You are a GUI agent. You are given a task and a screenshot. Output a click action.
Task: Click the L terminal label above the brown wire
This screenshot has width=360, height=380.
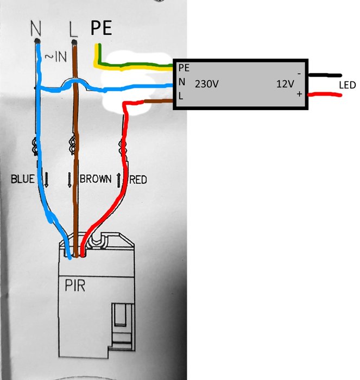74,28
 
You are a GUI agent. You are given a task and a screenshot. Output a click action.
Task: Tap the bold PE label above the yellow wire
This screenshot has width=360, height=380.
101,28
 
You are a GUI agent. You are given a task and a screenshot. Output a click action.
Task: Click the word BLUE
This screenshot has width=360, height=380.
23,179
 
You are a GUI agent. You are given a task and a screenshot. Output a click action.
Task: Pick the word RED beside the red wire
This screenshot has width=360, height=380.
138,179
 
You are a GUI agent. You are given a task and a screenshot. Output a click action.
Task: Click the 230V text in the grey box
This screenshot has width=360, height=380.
207,84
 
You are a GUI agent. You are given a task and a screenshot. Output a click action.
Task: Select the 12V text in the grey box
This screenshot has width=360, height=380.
285,84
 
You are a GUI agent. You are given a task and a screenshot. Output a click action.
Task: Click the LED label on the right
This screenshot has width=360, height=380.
347,86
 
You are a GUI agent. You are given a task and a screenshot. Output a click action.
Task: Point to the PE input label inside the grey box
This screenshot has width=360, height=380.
184,68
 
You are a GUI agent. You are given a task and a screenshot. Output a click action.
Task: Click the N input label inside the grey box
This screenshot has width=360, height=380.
181,83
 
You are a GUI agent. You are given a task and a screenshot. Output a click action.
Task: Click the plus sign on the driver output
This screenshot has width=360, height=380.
299,94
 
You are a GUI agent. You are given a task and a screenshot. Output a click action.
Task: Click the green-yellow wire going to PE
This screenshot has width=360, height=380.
136,67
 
